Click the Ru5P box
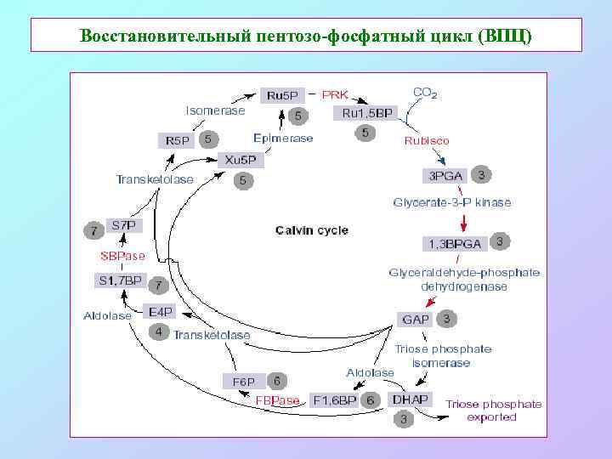tap(281, 95)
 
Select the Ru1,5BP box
tap(367, 112)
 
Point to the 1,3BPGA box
tap(455, 244)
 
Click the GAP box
tap(416, 320)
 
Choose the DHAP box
tap(410, 399)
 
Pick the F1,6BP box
tap(335, 399)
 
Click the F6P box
tap(244, 381)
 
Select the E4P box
tap(159, 312)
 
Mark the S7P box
tap(124, 226)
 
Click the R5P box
tap(178, 140)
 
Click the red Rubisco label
tap(427, 140)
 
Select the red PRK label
tap(334, 94)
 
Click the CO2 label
tap(425, 93)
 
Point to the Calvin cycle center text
tap(311, 230)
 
